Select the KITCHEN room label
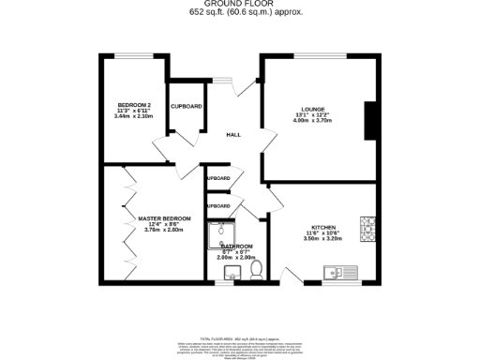324,226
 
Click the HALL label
233,135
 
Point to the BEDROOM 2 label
133,103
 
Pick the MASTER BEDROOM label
164,218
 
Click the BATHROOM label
235,246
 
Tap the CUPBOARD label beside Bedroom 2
186,106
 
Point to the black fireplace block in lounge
371,118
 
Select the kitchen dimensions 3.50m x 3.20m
324,239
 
